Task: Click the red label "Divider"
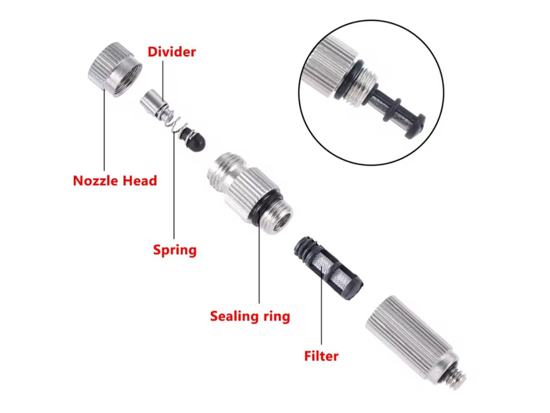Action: (171, 52)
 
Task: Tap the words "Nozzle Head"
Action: (115, 181)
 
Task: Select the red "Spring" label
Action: (175, 250)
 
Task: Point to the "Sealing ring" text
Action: (250, 316)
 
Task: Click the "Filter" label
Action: (321, 356)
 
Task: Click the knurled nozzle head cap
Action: (115, 69)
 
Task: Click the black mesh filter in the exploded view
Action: (328, 268)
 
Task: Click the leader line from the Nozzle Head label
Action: (104, 130)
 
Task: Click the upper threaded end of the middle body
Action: (225, 168)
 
